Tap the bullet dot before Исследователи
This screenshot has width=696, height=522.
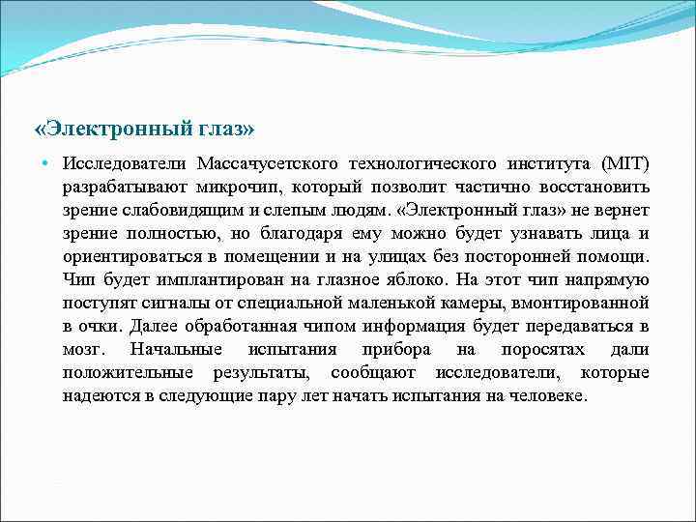[45, 160]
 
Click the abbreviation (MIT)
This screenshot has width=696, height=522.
[625, 161]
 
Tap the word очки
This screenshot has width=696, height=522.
[101, 326]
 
